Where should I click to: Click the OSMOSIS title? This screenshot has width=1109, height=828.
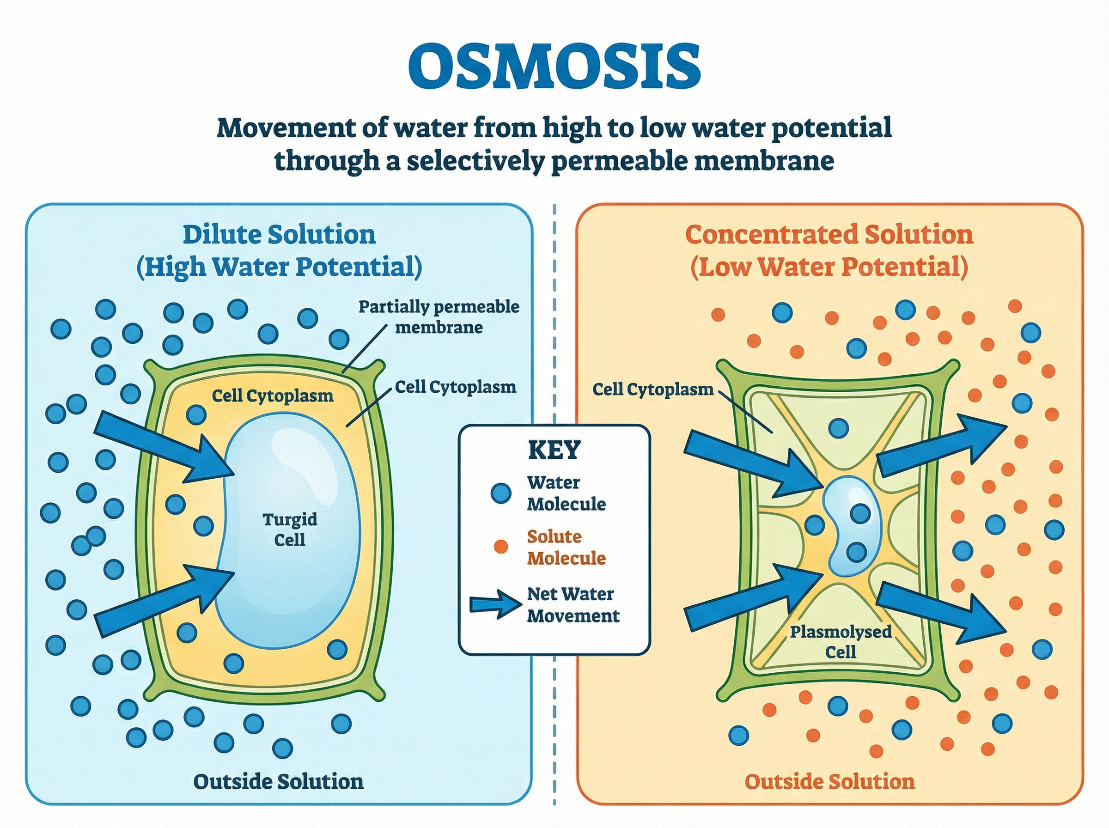pos(554,67)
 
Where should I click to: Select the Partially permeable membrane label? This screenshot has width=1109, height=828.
pos(439,317)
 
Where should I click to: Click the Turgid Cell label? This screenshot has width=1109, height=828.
pos(290,529)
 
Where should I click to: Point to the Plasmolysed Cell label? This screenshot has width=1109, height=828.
pos(841,641)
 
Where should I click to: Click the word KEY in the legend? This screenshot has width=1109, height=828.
pos(554,450)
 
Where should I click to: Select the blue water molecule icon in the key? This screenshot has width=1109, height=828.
pos(500,493)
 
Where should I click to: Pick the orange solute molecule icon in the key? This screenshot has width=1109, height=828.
pos(500,547)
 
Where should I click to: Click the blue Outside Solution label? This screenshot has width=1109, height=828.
pos(278,781)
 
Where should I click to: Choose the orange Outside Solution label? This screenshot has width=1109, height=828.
pos(829,781)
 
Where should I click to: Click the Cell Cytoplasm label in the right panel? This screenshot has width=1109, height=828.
pos(652,389)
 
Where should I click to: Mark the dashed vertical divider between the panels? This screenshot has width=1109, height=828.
pos(554,501)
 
